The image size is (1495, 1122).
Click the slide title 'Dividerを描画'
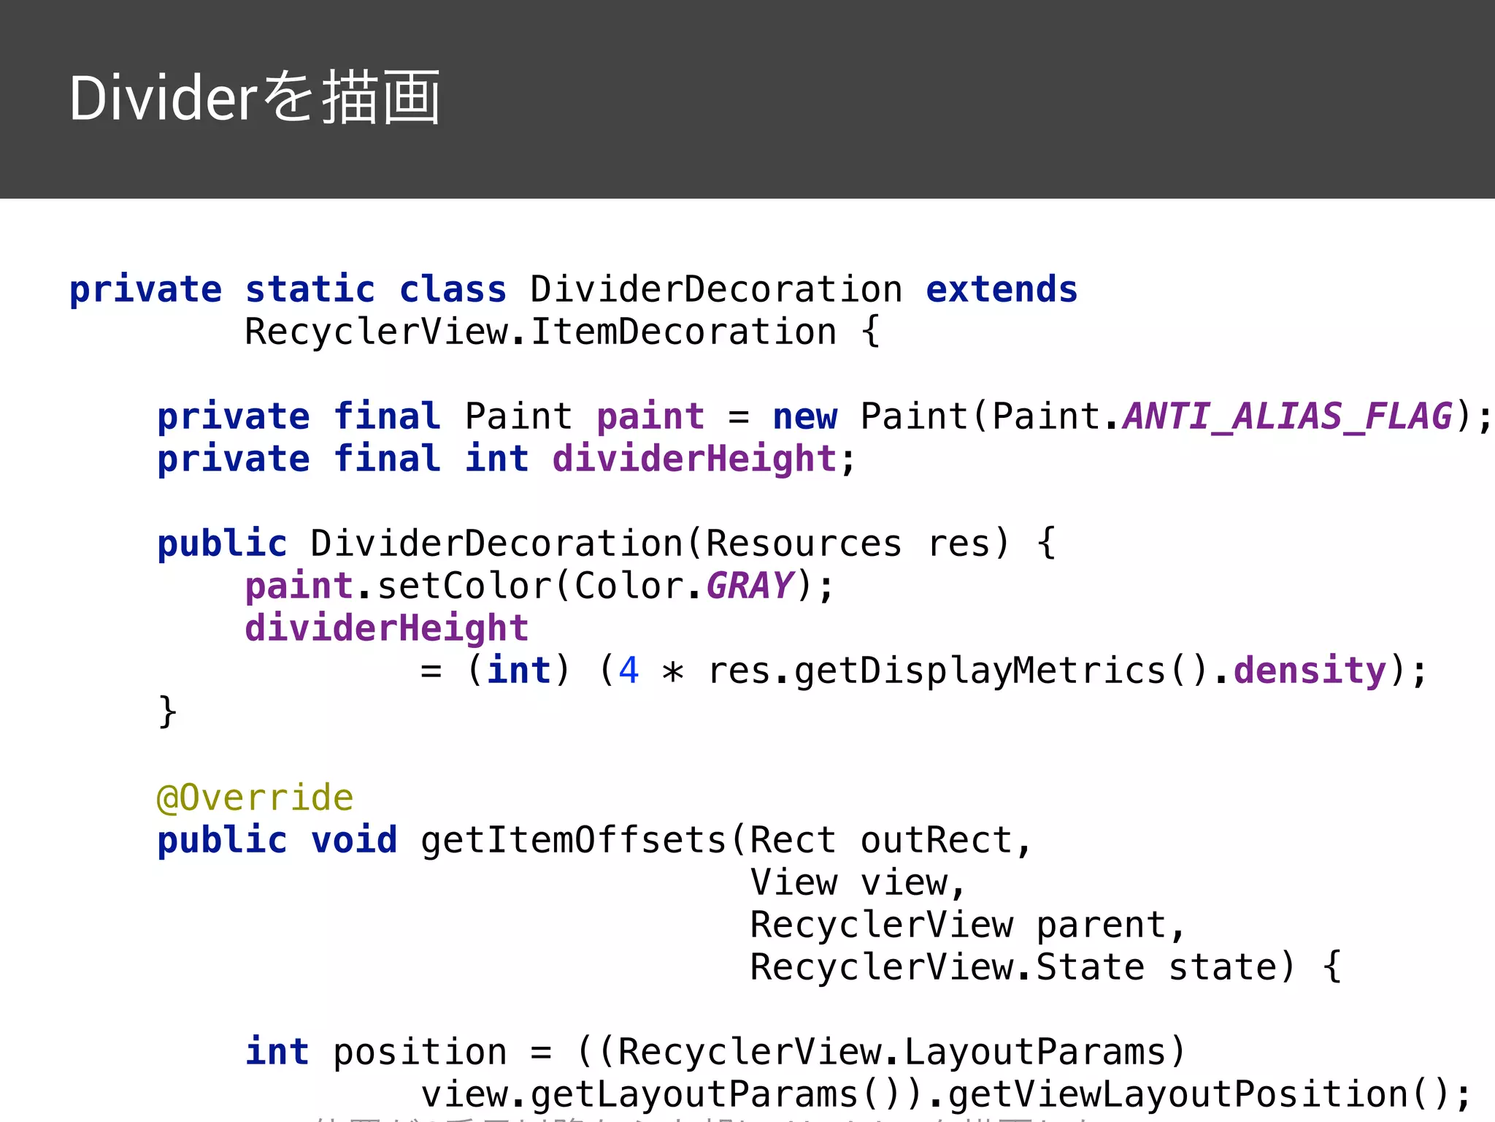point(255,98)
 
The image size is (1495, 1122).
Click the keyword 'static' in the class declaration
point(310,289)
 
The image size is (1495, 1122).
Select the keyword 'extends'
point(1002,289)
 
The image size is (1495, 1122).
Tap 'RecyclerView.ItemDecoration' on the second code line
point(540,332)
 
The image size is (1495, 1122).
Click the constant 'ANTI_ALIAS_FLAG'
point(1288,416)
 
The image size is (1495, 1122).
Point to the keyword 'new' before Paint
point(804,416)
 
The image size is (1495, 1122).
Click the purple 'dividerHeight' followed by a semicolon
point(694,459)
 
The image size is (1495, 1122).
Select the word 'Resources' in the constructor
point(804,543)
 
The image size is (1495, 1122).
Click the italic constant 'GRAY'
point(750,586)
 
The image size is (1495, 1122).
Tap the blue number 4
point(629,671)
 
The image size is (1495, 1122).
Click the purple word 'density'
point(1310,671)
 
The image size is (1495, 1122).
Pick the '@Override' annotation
point(255,798)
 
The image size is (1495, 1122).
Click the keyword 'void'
point(354,840)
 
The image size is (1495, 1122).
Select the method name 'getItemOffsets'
point(574,840)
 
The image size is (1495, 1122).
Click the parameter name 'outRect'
point(936,840)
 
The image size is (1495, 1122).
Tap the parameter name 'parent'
point(1101,925)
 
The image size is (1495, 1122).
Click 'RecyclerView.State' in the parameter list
point(947,967)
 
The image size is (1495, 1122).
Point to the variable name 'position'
point(420,1052)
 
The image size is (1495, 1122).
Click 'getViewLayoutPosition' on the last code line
point(1177,1094)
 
